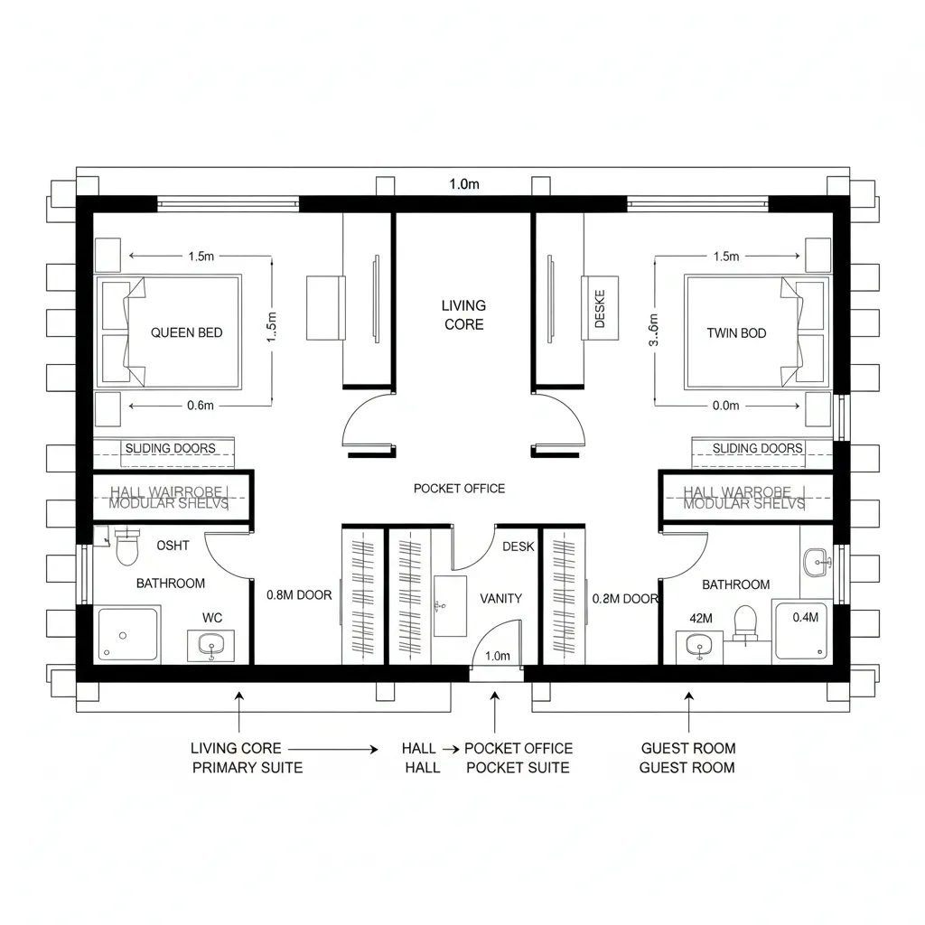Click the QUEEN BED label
pos(186,332)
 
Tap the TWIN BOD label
pos(736,333)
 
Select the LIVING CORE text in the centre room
pos(463,315)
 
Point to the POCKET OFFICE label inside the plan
pos(459,489)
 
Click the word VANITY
pos(500,598)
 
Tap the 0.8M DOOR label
pos(299,595)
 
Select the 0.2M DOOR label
pos(625,598)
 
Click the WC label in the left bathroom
pos(212,618)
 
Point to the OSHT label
pos(173,545)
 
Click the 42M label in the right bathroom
pos(701,619)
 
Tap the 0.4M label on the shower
pos(805,618)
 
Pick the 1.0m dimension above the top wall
pos(464,184)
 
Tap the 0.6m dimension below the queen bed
pos(200,406)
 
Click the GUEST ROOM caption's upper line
pos(688,748)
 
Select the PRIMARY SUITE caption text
pos(247,768)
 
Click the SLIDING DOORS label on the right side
pos(757,448)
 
